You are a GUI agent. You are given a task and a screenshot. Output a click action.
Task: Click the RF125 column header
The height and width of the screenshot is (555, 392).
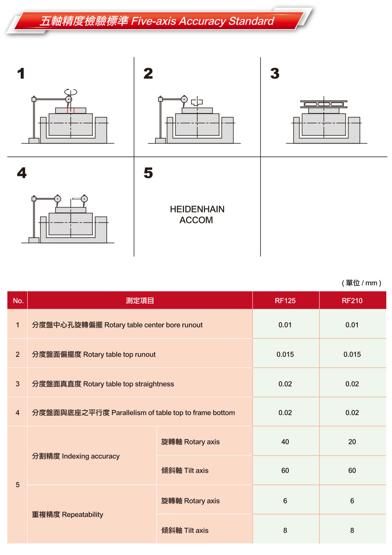point(285,300)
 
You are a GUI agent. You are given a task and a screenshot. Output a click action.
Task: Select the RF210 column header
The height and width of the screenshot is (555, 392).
point(352,300)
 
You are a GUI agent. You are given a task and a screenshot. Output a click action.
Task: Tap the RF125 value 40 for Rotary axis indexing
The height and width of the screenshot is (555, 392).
point(285,442)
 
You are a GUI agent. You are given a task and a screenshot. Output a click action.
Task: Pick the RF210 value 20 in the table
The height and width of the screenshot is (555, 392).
point(352,442)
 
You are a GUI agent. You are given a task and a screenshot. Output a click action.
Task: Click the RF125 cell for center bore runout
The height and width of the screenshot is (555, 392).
point(285,325)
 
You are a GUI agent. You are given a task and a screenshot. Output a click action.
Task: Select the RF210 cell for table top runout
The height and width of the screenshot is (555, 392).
point(352,354)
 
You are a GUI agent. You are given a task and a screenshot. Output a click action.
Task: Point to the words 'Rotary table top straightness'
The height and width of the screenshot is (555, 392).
point(128,384)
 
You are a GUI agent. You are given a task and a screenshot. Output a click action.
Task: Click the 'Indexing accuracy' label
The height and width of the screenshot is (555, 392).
point(91,456)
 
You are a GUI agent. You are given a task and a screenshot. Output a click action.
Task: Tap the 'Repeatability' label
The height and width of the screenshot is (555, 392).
point(82,515)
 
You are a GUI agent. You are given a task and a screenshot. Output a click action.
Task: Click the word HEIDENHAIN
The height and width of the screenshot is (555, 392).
point(197,209)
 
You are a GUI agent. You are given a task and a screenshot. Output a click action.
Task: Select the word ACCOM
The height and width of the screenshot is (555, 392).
point(196,220)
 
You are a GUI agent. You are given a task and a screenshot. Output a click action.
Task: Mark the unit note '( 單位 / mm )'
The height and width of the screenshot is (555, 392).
point(361,283)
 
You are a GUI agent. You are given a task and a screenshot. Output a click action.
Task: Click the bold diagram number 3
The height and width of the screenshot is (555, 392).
point(274,73)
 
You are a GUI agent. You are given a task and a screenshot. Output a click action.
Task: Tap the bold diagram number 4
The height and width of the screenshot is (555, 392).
point(22,173)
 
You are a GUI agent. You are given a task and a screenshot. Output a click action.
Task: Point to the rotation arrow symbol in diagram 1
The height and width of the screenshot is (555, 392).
point(71,92)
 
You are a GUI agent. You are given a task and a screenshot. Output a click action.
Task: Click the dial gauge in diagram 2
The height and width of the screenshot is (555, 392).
point(184,99)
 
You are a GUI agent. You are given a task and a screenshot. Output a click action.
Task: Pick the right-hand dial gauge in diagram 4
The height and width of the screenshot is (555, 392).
point(84,199)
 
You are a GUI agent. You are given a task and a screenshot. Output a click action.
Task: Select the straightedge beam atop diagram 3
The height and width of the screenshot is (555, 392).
point(324,104)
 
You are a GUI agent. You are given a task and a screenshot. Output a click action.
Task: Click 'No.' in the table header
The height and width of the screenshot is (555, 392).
point(18,300)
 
